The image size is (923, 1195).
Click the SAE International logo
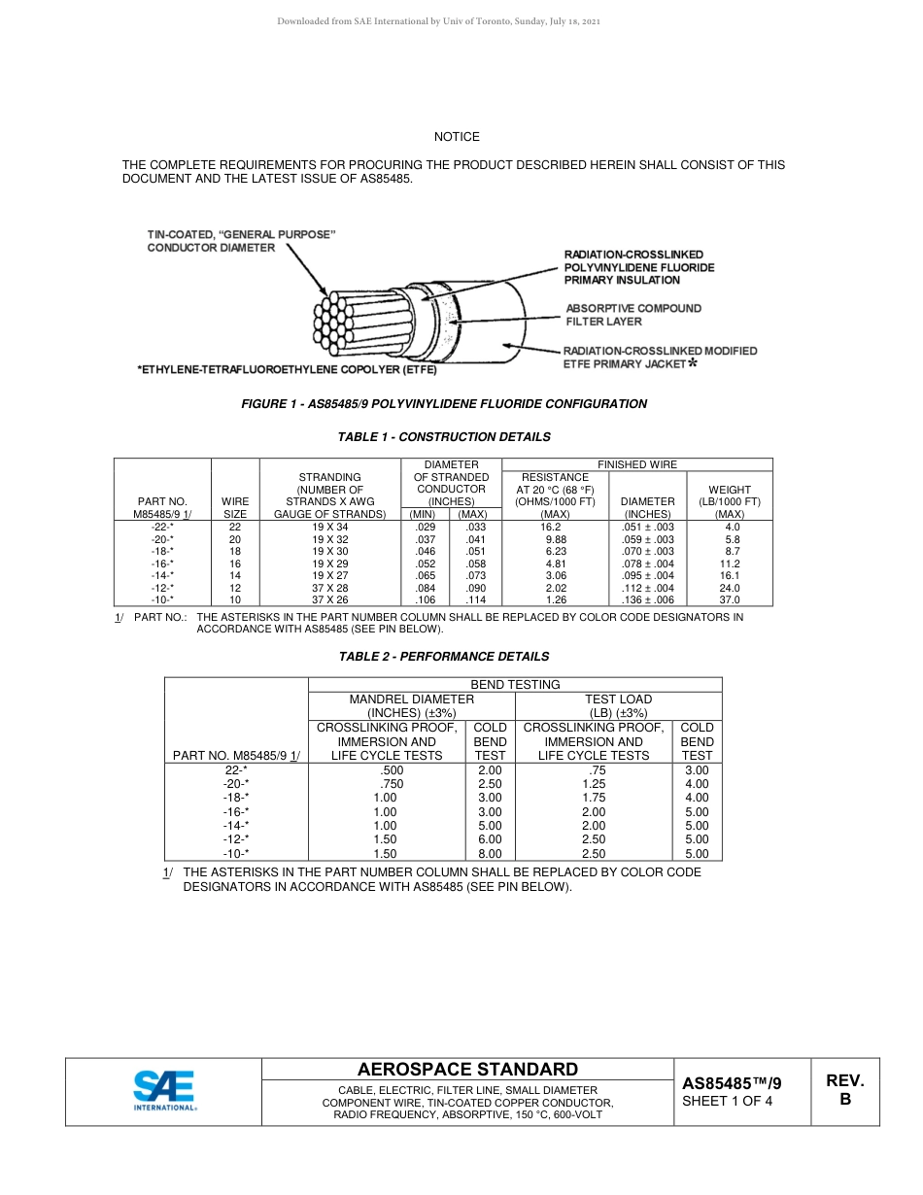coord(165,1090)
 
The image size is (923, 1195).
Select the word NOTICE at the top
coord(457,137)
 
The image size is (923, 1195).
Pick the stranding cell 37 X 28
coord(329,588)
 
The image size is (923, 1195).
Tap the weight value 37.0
coord(729,600)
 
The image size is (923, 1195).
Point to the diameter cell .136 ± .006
coord(647,600)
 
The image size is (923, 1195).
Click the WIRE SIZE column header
coord(235,507)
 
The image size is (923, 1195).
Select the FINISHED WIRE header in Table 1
coord(637,464)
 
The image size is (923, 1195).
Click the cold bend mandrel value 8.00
coord(490,854)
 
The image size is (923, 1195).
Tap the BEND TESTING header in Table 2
coord(515,685)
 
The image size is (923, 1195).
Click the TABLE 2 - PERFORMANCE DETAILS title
coord(443,657)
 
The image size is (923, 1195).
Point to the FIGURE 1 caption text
coord(443,404)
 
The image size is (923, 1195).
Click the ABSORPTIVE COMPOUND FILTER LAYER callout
coord(632,315)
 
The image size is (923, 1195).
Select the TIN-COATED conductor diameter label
coord(241,241)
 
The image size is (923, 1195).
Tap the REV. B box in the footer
coord(844,1090)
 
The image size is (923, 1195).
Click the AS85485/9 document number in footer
coord(731,1082)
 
